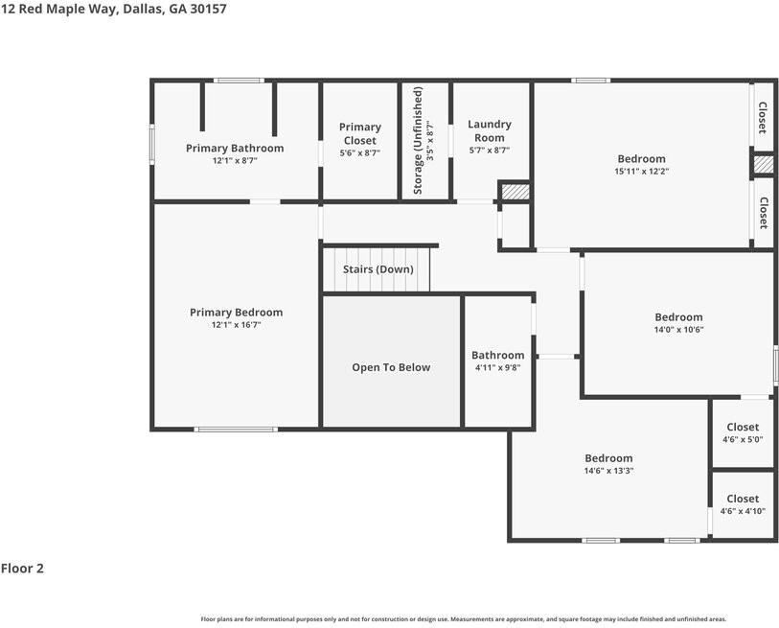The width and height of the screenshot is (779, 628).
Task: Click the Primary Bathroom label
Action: (235, 149)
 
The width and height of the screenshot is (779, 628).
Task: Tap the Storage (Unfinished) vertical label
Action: (417, 140)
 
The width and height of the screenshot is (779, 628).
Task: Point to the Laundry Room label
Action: (489, 130)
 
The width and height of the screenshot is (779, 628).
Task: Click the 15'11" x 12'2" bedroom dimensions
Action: (641, 172)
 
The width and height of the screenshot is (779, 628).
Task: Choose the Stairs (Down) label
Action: (378, 269)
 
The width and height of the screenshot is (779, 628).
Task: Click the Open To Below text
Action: (391, 367)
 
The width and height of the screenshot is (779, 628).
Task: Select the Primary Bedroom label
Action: (236, 313)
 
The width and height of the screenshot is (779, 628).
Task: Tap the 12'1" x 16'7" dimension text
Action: (236, 325)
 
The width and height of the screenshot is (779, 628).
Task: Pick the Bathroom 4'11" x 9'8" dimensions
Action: (497, 367)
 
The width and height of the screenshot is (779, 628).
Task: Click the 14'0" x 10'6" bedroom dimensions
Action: (678, 330)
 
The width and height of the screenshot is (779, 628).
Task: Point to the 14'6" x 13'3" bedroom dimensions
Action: (608, 471)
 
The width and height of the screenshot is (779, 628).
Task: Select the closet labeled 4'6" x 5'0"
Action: (743, 433)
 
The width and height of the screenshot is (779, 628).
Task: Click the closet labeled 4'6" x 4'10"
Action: (743, 505)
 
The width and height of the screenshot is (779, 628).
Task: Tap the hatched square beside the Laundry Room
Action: (516, 192)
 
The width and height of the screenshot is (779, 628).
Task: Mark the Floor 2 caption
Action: (22, 569)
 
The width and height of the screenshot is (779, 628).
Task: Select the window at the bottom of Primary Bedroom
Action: (236, 429)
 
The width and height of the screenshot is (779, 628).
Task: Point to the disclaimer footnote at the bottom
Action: (463, 619)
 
